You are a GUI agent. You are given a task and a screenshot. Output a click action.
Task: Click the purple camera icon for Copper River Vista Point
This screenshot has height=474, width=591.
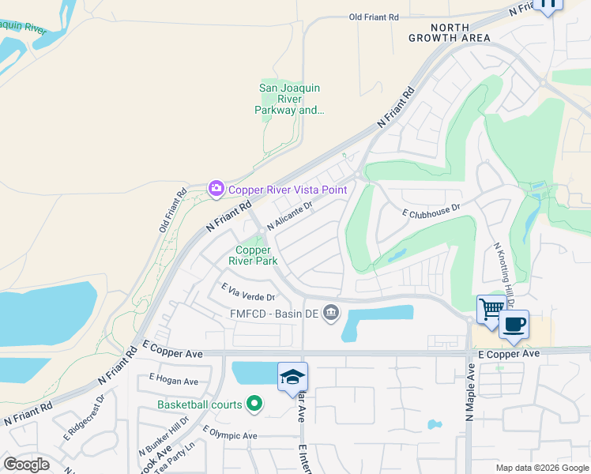click(216, 189)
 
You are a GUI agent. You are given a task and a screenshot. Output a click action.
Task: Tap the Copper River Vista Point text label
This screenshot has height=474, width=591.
click(288, 190)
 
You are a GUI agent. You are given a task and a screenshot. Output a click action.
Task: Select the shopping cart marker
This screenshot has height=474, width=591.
click(490, 309)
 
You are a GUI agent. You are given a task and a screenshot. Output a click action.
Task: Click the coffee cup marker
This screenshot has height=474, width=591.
click(514, 323)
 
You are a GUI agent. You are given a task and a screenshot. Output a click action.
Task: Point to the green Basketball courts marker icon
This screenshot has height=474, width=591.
click(254, 404)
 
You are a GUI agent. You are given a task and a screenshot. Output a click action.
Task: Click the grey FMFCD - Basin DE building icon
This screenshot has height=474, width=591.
click(330, 314)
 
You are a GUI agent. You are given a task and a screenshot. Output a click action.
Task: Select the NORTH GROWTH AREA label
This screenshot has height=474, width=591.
click(450, 32)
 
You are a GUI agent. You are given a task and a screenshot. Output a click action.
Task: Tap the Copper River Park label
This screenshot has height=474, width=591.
click(254, 255)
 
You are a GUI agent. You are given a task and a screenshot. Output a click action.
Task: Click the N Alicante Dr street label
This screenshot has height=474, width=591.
click(290, 214)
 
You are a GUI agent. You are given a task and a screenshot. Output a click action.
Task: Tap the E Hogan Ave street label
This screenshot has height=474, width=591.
click(173, 381)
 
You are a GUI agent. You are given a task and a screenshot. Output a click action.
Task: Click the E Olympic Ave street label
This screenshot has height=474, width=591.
click(230, 433)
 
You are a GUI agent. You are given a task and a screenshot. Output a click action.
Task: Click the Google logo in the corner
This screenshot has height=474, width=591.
click(26, 464)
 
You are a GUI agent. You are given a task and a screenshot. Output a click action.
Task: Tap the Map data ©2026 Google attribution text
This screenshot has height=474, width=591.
click(541, 468)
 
